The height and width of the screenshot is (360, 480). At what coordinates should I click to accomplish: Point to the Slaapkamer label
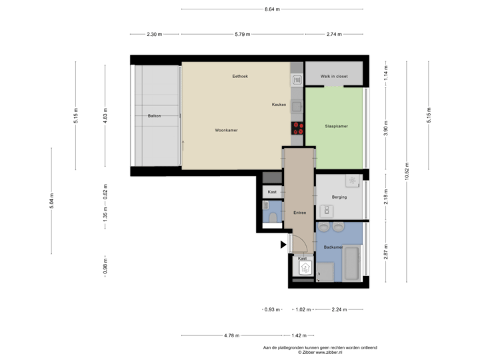[x=335, y=125]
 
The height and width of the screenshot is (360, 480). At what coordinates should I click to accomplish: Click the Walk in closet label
[x=334, y=77]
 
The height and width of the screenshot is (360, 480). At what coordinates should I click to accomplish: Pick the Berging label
[x=339, y=197]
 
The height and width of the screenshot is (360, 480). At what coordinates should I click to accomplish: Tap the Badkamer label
[x=333, y=247]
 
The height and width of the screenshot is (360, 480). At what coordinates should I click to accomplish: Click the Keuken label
[x=279, y=105]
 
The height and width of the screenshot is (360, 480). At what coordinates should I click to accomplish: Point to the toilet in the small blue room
[x=273, y=217]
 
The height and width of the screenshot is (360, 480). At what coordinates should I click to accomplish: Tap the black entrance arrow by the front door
[x=283, y=245]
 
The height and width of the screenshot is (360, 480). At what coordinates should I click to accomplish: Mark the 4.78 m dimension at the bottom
[x=231, y=335]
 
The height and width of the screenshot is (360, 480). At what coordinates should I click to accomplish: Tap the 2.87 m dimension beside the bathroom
[x=385, y=253]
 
